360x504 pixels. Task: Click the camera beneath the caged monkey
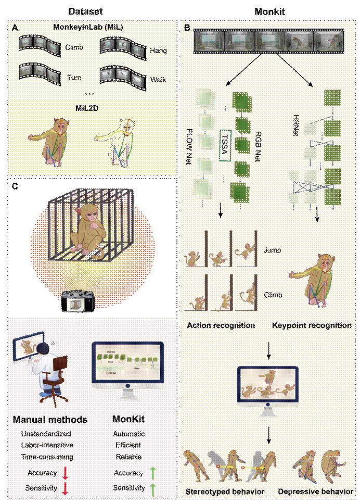pos(76,302)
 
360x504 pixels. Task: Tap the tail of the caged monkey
pos(98,254)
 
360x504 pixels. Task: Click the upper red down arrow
pos(65,473)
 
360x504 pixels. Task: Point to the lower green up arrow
pos(153,489)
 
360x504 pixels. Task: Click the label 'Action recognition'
pos(218,325)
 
